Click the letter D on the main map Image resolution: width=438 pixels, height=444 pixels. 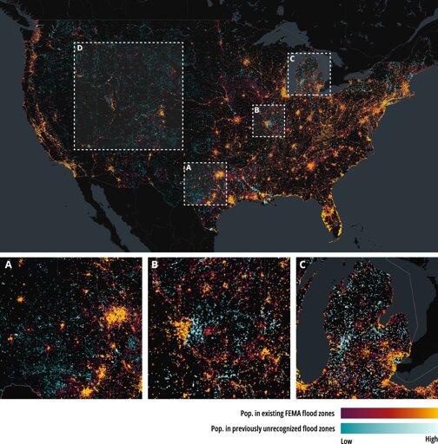tap(80, 48)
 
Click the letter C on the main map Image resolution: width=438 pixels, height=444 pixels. tap(292, 59)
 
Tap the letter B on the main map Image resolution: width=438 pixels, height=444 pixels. tap(256, 110)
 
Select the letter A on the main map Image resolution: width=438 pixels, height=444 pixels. tap(189, 167)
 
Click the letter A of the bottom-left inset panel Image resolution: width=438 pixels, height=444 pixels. tap(9, 264)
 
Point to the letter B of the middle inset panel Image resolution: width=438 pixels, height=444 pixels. tap(155, 264)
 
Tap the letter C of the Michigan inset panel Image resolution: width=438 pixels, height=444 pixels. tap(302, 264)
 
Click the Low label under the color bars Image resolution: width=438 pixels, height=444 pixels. tap(347, 441)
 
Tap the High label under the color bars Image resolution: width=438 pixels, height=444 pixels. tap(431, 439)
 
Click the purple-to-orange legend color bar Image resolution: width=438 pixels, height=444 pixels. tap(389, 413)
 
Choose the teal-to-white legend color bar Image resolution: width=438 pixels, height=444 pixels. tap(389, 428)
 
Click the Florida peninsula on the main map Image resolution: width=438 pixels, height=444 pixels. tap(333, 215)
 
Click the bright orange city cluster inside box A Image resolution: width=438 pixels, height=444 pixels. tap(220, 174)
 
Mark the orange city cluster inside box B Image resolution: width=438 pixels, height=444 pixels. tap(266, 124)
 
